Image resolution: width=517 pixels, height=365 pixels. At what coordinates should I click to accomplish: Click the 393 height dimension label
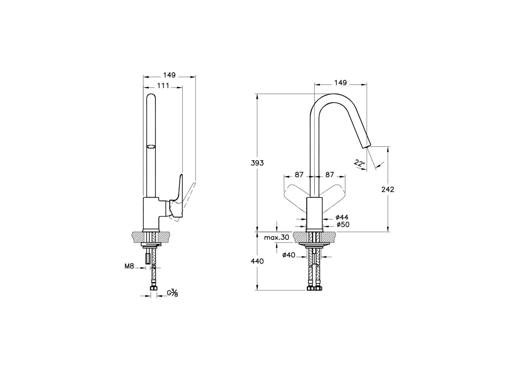pyautogui.click(x=257, y=163)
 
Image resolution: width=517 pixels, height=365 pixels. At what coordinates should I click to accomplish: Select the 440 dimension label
pyautogui.click(x=257, y=261)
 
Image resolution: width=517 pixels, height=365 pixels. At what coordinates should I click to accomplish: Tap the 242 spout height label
pyautogui.click(x=388, y=189)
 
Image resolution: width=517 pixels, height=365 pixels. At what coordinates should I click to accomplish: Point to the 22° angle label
pyautogui.click(x=359, y=163)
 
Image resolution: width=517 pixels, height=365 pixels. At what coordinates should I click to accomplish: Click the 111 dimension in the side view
pyautogui.click(x=163, y=86)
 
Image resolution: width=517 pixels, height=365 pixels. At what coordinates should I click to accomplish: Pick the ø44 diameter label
pyautogui.click(x=342, y=217)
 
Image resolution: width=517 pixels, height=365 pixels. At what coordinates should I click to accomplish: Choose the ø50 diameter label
pyautogui.click(x=343, y=224)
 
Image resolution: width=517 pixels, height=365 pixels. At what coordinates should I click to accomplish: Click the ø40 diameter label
pyautogui.click(x=289, y=255)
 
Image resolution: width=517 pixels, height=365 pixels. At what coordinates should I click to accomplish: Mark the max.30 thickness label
pyautogui.click(x=276, y=237)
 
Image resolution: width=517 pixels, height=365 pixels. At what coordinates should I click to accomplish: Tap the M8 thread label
pyautogui.click(x=129, y=266)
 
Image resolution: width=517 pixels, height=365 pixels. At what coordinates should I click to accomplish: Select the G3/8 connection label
pyautogui.click(x=173, y=293)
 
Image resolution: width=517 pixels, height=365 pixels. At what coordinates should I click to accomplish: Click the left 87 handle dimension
pyautogui.click(x=299, y=175)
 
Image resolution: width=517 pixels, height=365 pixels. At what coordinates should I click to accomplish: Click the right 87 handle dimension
pyautogui.click(x=330, y=175)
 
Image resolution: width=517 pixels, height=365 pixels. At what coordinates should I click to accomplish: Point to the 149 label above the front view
pyautogui.click(x=340, y=83)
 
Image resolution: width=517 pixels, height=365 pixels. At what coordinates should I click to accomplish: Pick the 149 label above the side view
pyautogui.click(x=169, y=75)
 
